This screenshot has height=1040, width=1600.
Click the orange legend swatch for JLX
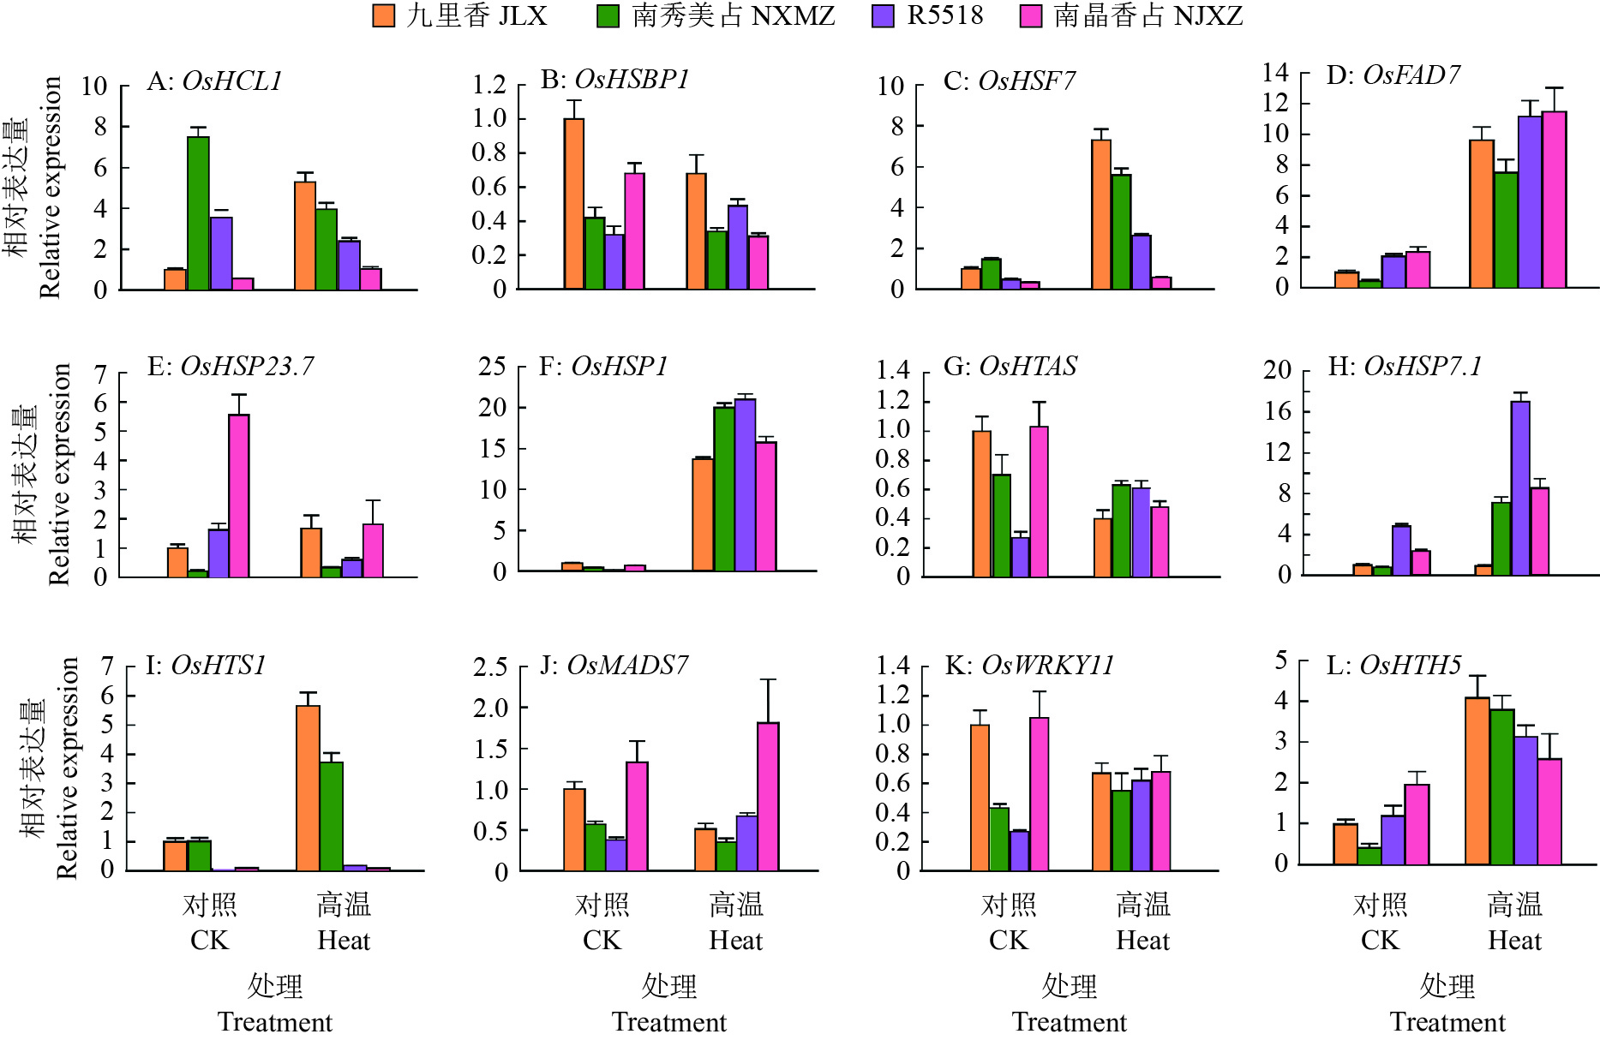383,15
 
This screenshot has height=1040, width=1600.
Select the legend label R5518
944,15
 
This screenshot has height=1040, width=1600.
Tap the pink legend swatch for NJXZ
1031,15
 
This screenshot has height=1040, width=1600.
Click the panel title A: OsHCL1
214,81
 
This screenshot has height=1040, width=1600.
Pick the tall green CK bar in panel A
198,213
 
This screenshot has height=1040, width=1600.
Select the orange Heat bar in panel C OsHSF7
1101,215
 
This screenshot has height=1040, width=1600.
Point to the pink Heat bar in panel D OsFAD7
1554,200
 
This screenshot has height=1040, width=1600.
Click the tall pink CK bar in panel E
239,496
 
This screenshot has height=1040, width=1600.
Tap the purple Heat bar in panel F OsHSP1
745,485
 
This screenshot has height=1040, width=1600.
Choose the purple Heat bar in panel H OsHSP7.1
1520,488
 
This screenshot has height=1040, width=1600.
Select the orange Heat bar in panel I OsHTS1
308,788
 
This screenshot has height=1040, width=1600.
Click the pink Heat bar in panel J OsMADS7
768,797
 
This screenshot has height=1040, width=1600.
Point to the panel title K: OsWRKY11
1029,666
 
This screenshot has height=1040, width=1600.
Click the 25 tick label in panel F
493,367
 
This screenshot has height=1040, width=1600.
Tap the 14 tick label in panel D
1275,73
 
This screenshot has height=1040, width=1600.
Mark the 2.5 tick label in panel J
490,667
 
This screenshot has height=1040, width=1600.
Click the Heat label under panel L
1514,941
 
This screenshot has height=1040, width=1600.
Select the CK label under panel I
209,941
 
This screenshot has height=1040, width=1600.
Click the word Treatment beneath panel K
1070,1022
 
